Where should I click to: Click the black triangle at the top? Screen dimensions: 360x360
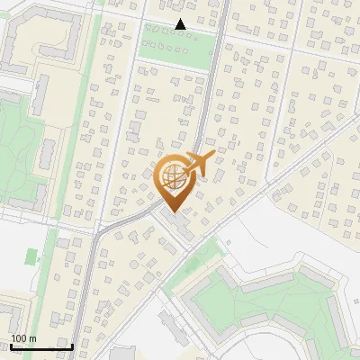pyautogui.click(x=181, y=24)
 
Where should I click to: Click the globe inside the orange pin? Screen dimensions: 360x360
pyautogui.click(x=173, y=176)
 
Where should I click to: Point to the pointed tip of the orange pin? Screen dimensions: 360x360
pyautogui.click(x=173, y=212)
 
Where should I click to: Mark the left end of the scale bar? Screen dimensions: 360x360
pyautogui.click(x=10, y=346)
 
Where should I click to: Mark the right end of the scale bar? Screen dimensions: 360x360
pyautogui.click(x=73, y=346)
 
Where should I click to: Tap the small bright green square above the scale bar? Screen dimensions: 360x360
pyautogui.click(x=33, y=256)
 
